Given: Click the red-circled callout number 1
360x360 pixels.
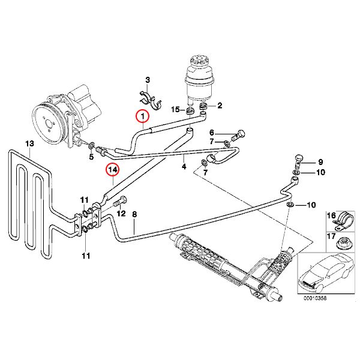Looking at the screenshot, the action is (142, 116).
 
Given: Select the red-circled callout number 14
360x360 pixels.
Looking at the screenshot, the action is (113, 170).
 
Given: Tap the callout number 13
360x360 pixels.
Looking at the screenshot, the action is (29, 144).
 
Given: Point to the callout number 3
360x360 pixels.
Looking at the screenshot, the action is (148, 80).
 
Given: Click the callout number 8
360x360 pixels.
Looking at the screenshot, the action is (134, 214).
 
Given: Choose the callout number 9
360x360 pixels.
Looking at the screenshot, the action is (320, 162).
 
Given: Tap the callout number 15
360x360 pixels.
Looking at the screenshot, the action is (175, 109).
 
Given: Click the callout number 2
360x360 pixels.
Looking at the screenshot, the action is (220, 106).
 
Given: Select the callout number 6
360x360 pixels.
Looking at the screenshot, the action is (211, 133).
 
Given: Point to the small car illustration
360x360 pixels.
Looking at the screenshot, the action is (326, 273).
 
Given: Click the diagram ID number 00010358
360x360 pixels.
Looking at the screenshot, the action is (315, 298).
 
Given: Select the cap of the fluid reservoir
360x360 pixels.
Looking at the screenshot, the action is (199, 61).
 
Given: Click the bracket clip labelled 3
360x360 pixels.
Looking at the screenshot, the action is (151, 101).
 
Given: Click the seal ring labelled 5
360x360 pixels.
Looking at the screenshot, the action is (91, 145).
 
